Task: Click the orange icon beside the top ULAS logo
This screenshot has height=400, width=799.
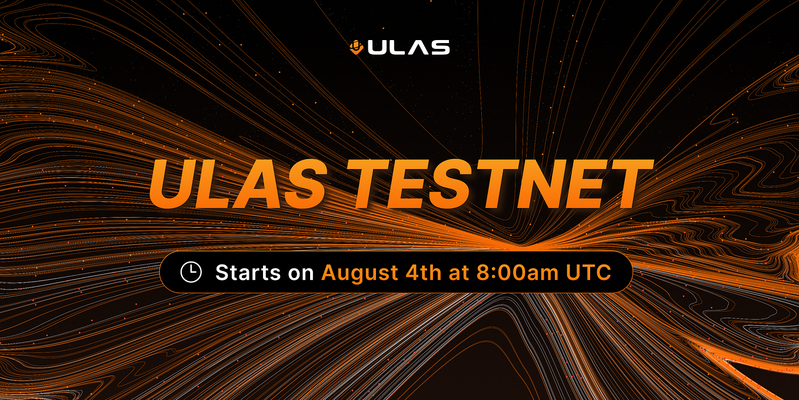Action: (356, 47)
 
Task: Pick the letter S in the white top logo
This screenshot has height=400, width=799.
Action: (439, 47)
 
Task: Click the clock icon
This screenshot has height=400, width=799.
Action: (191, 272)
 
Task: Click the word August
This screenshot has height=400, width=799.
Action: (359, 273)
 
